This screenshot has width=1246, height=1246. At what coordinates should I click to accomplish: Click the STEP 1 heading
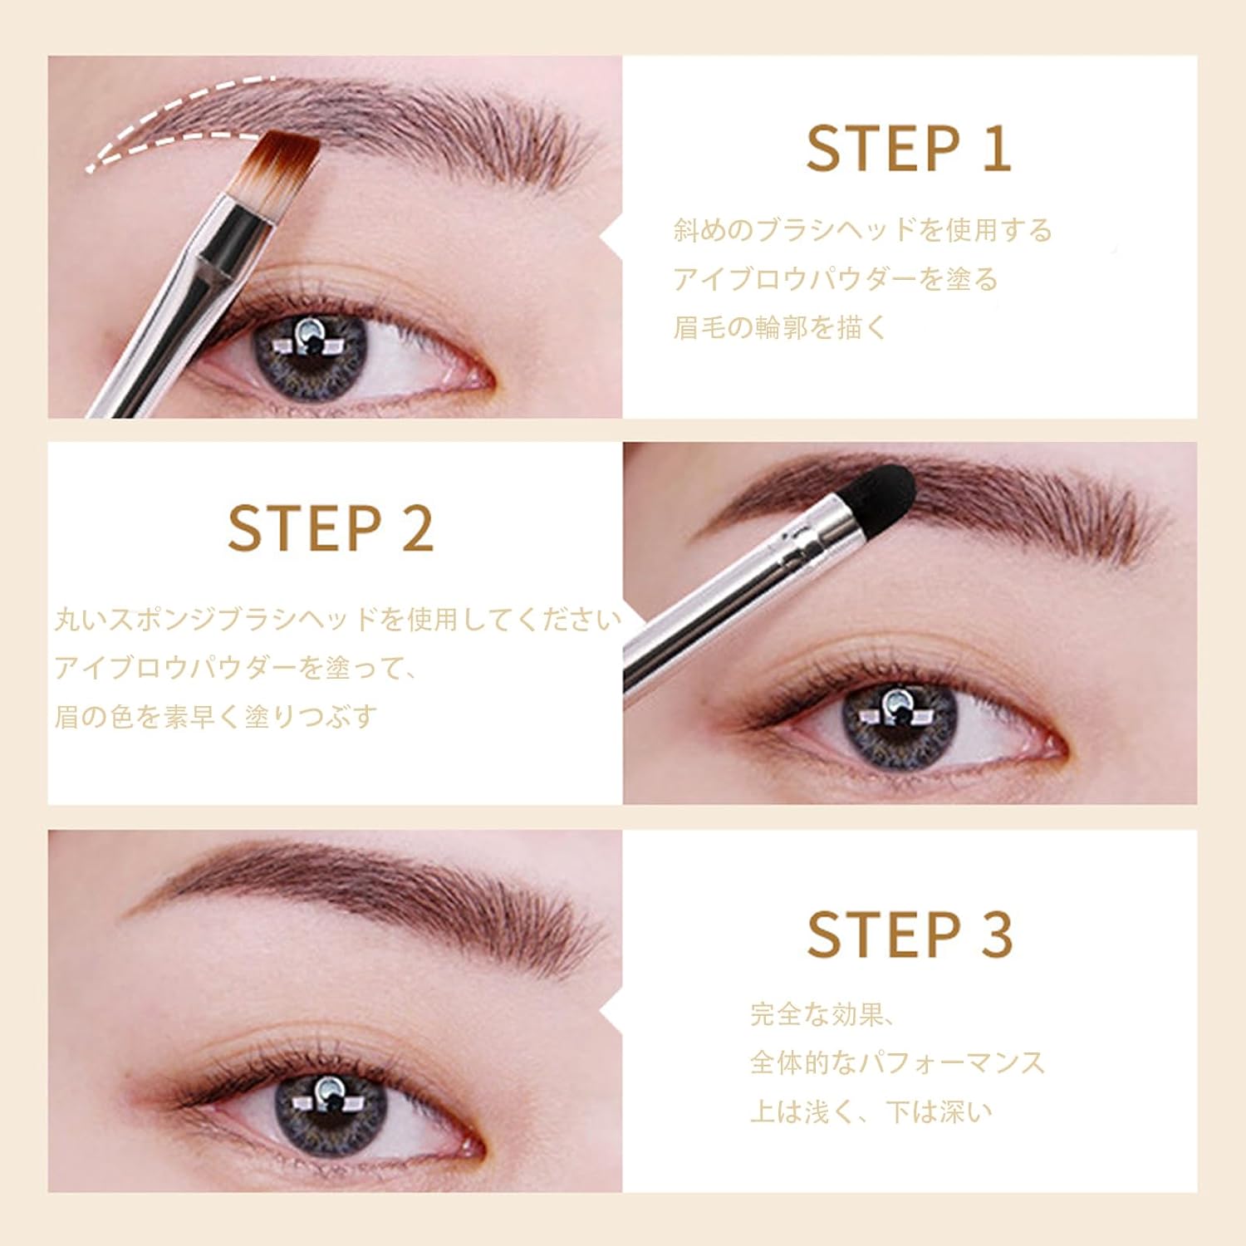(909, 150)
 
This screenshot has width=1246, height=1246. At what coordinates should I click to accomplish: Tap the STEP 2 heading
(331, 529)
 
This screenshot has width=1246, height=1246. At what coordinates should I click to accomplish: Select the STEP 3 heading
(910, 935)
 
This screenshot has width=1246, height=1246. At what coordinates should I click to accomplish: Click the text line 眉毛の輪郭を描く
(780, 327)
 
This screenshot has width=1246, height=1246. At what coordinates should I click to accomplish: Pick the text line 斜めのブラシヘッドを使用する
(862, 230)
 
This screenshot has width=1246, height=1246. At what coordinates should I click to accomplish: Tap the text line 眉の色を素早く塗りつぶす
(216, 716)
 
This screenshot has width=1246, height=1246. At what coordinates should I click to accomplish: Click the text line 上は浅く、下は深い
(871, 1111)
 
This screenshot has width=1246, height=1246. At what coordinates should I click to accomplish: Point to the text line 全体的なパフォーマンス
(897, 1062)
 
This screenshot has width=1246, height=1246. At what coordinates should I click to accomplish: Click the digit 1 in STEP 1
(997, 150)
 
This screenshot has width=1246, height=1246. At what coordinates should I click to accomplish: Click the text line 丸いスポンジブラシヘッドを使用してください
(337, 620)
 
